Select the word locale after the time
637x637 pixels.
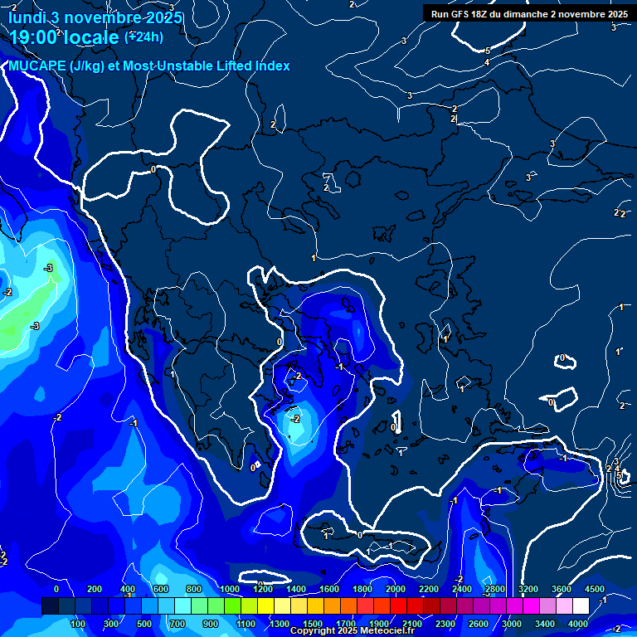(92, 36)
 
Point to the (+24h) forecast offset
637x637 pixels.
(143, 36)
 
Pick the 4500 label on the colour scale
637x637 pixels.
(594, 589)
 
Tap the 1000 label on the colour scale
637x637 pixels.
(229, 589)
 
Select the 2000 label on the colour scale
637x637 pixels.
(396, 589)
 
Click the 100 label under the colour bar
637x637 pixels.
(80, 624)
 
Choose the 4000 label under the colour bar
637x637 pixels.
(578, 624)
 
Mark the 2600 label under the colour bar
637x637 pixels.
(479, 624)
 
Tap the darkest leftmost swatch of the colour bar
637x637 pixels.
(50, 606)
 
